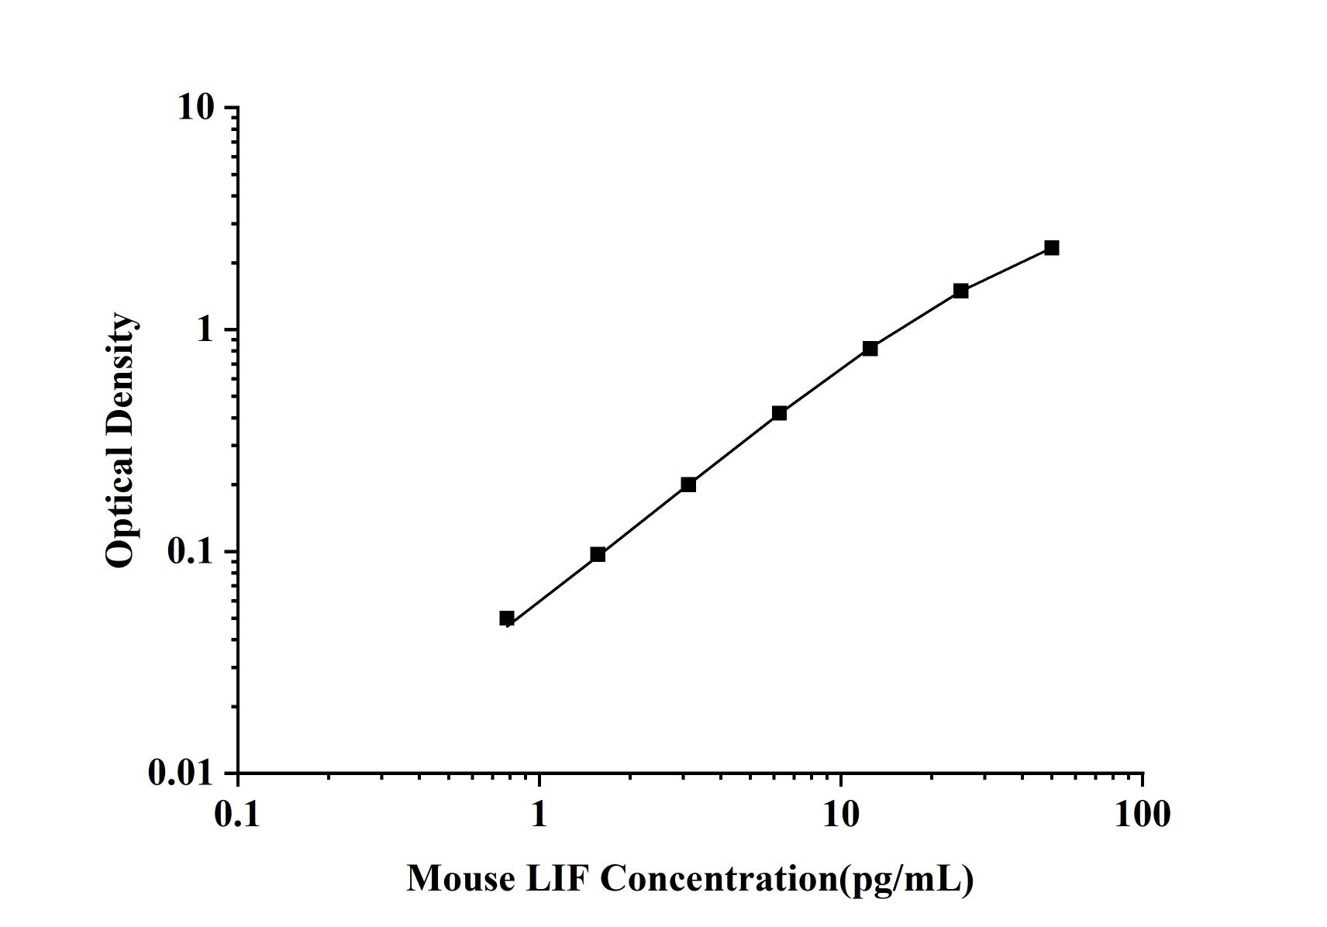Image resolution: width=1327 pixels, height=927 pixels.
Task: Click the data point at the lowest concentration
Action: (507, 618)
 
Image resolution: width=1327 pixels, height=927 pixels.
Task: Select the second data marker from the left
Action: (598, 554)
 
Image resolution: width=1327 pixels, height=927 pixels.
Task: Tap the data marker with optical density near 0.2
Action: (688, 484)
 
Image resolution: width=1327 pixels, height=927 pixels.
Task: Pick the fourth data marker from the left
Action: (779, 413)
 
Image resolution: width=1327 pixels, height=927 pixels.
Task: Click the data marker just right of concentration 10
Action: (870, 349)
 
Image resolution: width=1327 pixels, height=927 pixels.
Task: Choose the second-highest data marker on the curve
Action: (960, 291)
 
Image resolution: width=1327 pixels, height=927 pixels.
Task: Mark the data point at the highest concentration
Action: (1051, 248)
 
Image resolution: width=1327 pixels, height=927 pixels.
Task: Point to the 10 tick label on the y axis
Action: (195, 108)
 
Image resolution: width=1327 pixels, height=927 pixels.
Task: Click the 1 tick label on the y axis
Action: (205, 330)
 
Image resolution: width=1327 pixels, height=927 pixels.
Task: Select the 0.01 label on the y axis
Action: (181, 774)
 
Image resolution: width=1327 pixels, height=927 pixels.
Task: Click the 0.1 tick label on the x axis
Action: (238, 815)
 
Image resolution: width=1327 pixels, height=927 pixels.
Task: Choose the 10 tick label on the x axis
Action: (841, 815)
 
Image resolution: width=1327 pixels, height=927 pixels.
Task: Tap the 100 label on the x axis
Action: (1143, 815)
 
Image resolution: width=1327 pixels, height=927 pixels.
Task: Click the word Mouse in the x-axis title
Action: (460, 879)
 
